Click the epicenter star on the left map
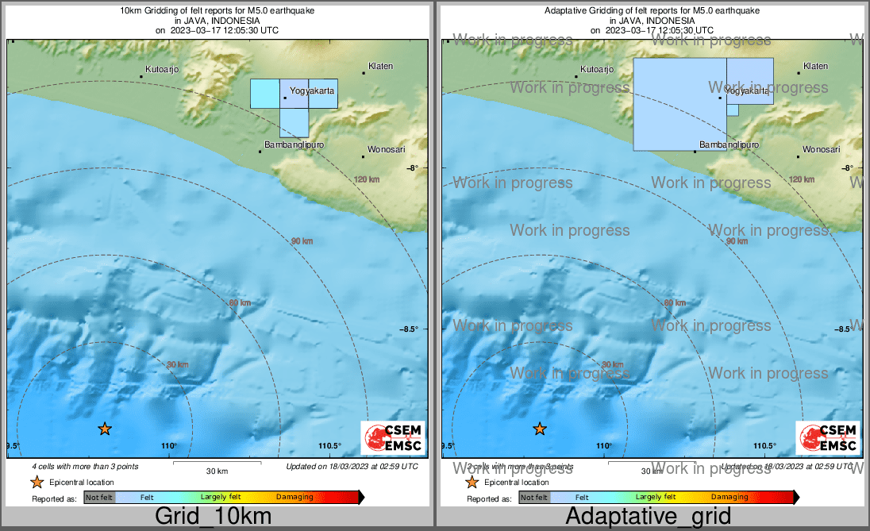point(105,429)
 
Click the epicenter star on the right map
point(540,429)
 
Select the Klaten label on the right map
point(815,67)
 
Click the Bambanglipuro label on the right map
point(729,145)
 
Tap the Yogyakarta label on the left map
point(311,91)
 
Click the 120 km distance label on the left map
point(367,180)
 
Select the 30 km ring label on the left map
point(178,365)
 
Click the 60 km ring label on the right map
point(674,303)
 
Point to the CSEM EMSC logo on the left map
point(393,438)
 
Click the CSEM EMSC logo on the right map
point(828,438)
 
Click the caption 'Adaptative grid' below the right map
point(649,516)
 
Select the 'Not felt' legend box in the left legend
point(100,498)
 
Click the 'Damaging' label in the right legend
point(729,497)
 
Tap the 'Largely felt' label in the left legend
point(221,497)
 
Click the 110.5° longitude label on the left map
point(329,446)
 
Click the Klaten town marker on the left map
point(364,73)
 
